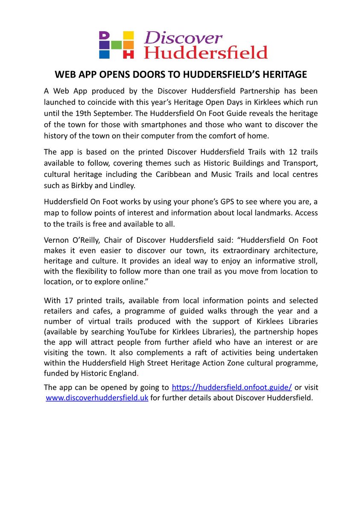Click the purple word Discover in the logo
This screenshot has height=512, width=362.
coord(183,38)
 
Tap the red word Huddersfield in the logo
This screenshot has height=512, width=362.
coord(206,52)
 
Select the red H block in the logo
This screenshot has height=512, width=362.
coord(128,53)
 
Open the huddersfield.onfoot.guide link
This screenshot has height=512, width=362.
coord(232,387)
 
